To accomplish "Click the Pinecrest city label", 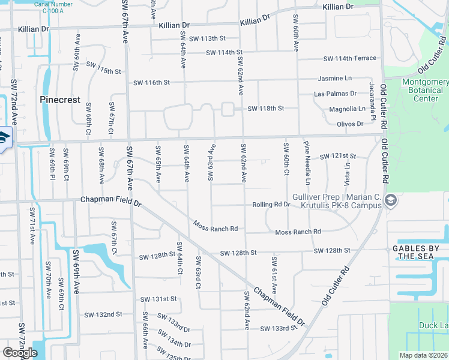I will [60, 100].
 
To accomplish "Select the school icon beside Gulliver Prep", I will [391, 200].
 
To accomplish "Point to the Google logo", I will [20, 352].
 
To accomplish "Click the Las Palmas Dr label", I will [336, 94].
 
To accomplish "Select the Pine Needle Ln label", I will [307, 163].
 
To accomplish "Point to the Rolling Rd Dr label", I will [271, 205].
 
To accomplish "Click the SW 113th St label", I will [211, 38].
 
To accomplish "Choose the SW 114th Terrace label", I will [350, 58].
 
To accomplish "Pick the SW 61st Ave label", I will [274, 275].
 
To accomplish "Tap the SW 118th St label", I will [265, 109].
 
